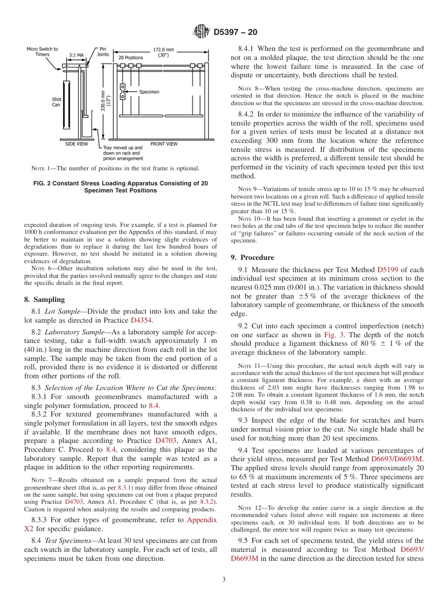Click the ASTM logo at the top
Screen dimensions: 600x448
[x=202, y=33]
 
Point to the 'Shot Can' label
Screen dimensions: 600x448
[x=56, y=102]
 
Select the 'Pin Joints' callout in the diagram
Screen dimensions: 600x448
[x=103, y=51]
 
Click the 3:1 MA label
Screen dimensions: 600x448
[x=76, y=55]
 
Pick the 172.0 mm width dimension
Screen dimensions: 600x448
[x=163, y=51]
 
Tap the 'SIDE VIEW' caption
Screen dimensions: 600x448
[x=76, y=144]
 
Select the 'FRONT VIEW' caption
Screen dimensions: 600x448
[x=164, y=144]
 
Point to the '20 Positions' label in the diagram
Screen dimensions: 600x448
[x=131, y=58]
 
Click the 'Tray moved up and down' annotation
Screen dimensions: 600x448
[x=122, y=153]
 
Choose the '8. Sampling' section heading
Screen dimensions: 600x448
[x=44, y=300]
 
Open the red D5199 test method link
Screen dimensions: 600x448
[x=388, y=270]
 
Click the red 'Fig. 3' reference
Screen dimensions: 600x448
[x=333, y=335]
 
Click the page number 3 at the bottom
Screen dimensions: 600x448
[x=224, y=579]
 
